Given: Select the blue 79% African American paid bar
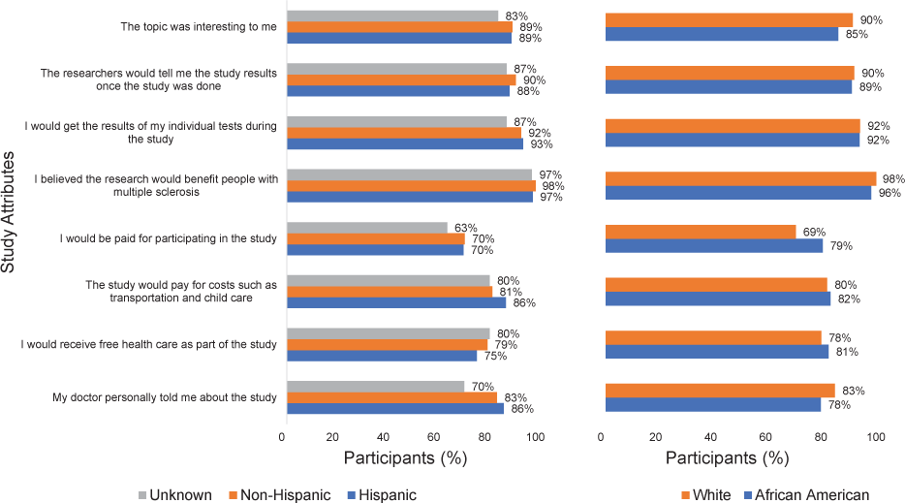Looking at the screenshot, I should (x=713, y=245).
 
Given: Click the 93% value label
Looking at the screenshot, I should (x=540, y=144).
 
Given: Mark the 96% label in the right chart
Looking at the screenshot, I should (x=889, y=193).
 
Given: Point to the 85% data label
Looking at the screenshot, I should (x=856, y=34).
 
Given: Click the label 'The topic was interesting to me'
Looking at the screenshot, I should (x=199, y=27).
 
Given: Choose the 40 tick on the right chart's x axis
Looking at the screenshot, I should (x=709, y=437).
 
